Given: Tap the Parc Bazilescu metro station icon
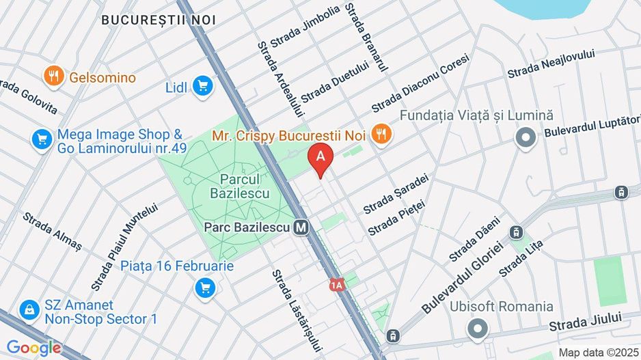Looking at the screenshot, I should pyautogui.click(x=300, y=227).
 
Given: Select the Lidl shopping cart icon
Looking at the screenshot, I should pyautogui.click(x=202, y=86).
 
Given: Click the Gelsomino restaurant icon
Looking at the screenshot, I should pyautogui.click(x=53, y=77).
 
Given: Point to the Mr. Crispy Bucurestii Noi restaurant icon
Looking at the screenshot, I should pyautogui.click(x=382, y=135).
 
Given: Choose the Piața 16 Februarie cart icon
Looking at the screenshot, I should pyautogui.click(x=204, y=288).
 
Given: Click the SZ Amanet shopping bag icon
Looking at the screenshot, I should pyautogui.click(x=29, y=311).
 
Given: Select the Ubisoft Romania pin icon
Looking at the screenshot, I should pyautogui.click(x=477, y=329).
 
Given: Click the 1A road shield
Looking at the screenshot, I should pyautogui.click(x=336, y=284).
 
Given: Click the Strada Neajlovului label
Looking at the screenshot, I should pyautogui.click(x=551, y=64).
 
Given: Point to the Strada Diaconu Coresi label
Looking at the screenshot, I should pyautogui.click(x=420, y=85).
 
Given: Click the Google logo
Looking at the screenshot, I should pyautogui.click(x=33, y=348).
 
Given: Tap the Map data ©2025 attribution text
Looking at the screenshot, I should pyautogui.click(x=597, y=352).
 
